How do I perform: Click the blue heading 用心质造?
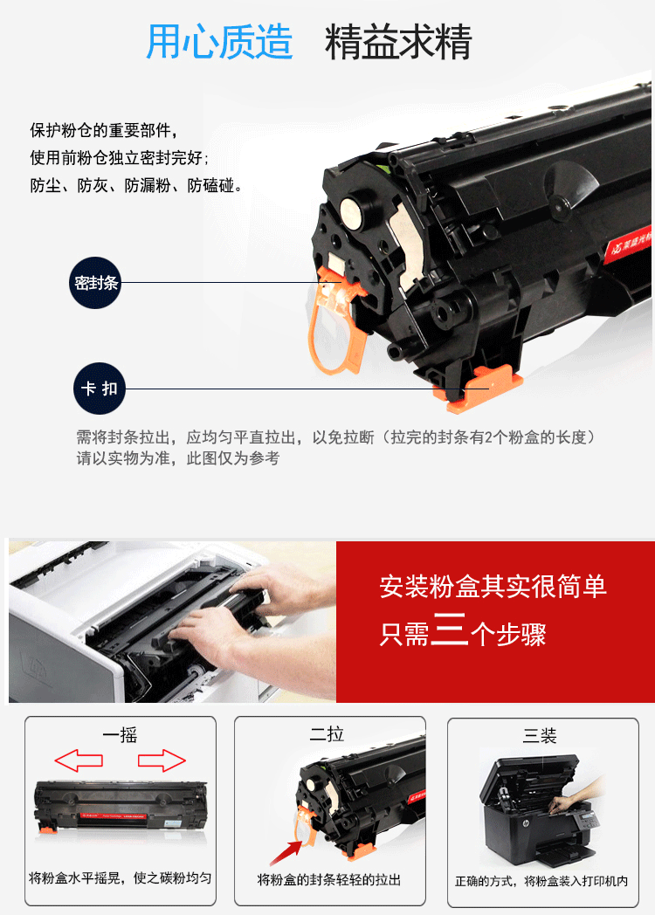[219, 42]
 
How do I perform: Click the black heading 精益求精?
[398, 42]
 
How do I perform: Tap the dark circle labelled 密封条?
[95, 283]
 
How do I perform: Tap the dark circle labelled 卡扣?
[100, 389]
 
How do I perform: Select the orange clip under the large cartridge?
[478, 389]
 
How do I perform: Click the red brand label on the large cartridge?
[630, 244]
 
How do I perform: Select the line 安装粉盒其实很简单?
[493, 587]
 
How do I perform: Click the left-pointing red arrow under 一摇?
[79, 760]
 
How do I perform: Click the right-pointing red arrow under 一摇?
[162, 760]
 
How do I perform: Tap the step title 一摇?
[120, 735]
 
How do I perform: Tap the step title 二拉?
[327, 734]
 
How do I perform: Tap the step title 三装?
[540, 735]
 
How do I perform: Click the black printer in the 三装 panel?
[534, 811]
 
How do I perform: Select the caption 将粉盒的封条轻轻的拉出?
[329, 880]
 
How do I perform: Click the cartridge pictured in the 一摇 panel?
[121, 805]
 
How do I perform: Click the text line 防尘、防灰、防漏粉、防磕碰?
[136, 186]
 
